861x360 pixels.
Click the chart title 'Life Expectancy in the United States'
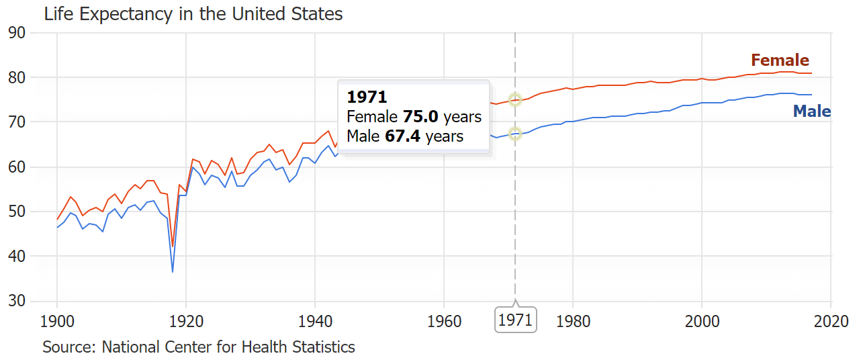click(193, 13)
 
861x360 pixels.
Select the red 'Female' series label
click(780, 60)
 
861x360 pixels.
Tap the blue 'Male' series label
click(812, 111)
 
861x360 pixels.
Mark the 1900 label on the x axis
click(57, 320)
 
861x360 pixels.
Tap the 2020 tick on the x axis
click(830, 320)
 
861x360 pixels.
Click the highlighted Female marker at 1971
click(515, 99)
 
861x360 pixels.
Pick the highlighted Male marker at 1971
click(515, 134)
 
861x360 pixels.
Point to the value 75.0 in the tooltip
click(420, 117)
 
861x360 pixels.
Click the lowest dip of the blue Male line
click(173, 271)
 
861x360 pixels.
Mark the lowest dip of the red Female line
click(173, 246)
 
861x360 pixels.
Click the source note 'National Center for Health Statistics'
click(228, 347)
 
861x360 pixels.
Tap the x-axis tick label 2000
click(701, 320)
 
